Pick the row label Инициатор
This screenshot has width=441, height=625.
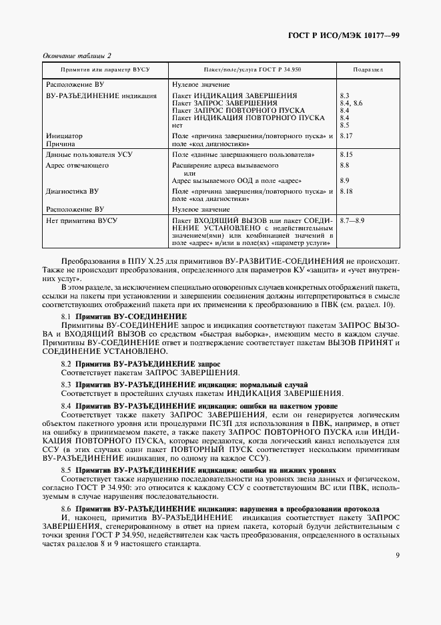(x=63, y=136)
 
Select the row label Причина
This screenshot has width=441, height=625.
(x=61, y=144)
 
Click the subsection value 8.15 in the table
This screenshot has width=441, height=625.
(x=346, y=154)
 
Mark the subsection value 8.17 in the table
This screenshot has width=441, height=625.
(x=346, y=136)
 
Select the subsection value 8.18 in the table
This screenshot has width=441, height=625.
(x=346, y=190)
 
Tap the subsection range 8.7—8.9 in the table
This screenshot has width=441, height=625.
(x=352, y=220)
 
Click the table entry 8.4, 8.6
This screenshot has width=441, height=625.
(x=351, y=103)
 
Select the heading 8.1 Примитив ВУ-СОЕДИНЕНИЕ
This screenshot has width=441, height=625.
(x=124, y=315)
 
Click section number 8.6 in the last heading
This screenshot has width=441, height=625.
(x=66, y=508)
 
